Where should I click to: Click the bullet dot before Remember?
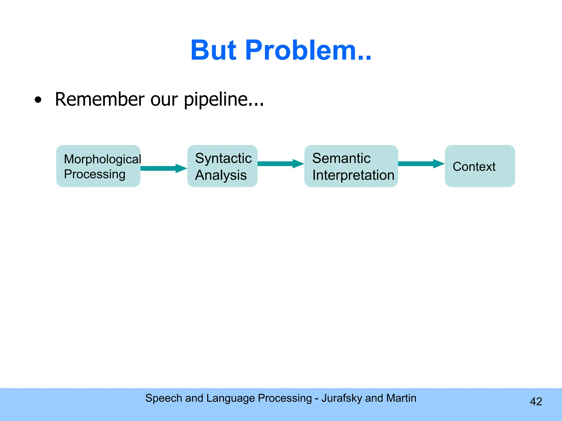[38, 100]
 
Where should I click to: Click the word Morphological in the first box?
[102, 159]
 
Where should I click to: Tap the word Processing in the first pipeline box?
[95, 174]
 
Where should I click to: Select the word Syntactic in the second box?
[223, 158]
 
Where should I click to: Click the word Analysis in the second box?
[221, 175]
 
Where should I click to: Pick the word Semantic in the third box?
[341, 158]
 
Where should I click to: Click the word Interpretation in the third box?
[353, 175]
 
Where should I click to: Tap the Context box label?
[474, 166]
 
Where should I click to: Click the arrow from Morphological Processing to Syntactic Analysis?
[164, 168]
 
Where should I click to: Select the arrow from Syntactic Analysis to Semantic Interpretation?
[280, 164]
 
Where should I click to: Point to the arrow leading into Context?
[421, 164]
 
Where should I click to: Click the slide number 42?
[536, 402]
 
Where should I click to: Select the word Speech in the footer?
[164, 398]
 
